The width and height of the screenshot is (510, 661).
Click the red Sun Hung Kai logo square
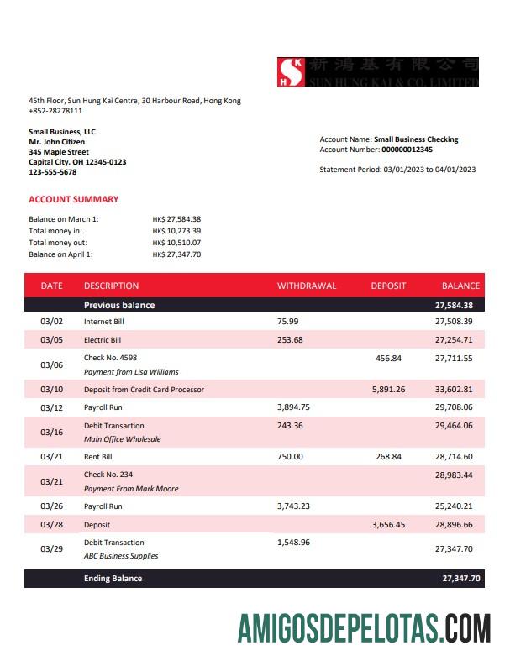coord(292,72)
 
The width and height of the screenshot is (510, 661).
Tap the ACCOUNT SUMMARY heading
coord(73,199)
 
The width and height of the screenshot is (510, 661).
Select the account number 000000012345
coord(407,150)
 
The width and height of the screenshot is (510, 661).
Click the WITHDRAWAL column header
coord(306,286)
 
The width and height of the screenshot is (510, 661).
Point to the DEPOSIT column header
coord(388,286)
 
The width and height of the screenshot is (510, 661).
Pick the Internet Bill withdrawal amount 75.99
coord(287,322)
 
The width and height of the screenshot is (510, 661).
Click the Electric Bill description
coord(103,340)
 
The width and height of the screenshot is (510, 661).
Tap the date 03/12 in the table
coord(51,407)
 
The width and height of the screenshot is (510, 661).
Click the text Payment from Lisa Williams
coord(131,371)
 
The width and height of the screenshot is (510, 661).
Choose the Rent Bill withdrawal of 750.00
coord(290,457)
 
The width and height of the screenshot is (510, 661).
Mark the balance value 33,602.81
coord(454,390)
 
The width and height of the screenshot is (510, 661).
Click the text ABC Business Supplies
coord(121,556)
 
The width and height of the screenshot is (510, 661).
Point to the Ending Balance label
coord(113,579)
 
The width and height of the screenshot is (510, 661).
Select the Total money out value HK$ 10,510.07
coord(176,243)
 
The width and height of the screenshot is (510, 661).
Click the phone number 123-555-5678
coord(52,172)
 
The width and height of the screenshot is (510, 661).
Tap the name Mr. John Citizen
coord(56,142)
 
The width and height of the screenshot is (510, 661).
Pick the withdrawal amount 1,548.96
coord(293,543)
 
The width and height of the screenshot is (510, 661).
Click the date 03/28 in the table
coord(51,524)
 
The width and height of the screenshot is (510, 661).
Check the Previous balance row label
coord(119,305)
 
